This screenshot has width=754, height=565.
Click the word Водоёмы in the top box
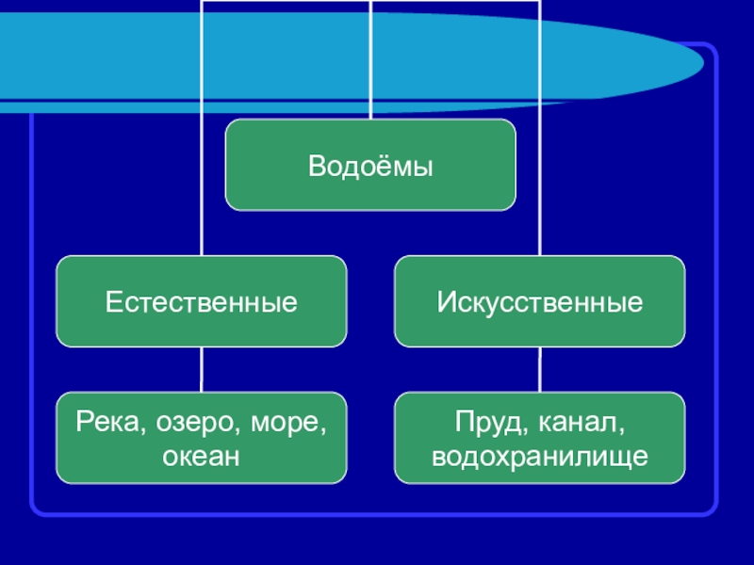(370, 167)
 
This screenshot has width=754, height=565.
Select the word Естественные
(201, 303)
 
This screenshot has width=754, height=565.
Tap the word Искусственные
(539, 303)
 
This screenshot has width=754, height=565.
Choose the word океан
(201, 457)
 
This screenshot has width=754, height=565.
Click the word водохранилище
(539, 457)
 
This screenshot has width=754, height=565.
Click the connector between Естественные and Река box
(201, 369)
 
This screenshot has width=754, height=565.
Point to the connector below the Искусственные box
(539, 369)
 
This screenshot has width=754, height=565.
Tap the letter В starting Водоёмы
(316, 167)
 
